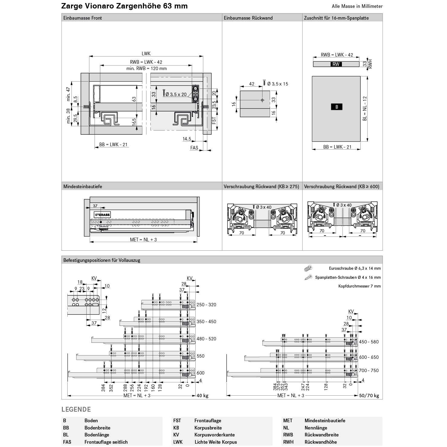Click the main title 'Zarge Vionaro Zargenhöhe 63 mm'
click(x=124, y=6)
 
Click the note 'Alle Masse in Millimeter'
click(x=357, y=6)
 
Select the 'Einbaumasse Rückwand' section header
click(x=248, y=18)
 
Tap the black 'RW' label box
click(x=336, y=64)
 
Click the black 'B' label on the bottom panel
click(x=336, y=107)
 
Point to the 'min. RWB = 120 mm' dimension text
click(x=146, y=69)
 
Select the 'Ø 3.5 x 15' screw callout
click(x=278, y=84)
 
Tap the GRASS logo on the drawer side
click(x=103, y=215)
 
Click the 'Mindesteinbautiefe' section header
click(x=83, y=187)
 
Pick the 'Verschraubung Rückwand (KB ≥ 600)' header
click(x=342, y=187)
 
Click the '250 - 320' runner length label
click(x=206, y=305)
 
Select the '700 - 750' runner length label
click(x=369, y=371)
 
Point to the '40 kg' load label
click(x=202, y=396)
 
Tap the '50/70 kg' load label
click(x=369, y=396)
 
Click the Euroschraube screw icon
click(x=308, y=268)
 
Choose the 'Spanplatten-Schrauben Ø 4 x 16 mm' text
click(x=348, y=277)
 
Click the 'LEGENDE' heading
click(x=76, y=410)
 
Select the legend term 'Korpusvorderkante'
click(x=214, y=435)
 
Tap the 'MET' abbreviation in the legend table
click(x=288, y=421)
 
